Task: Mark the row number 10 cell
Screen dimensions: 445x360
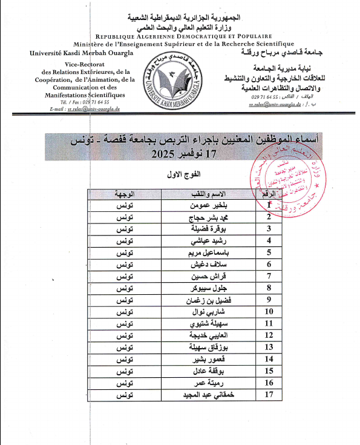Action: pyautogui.click(x=268, y=311)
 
